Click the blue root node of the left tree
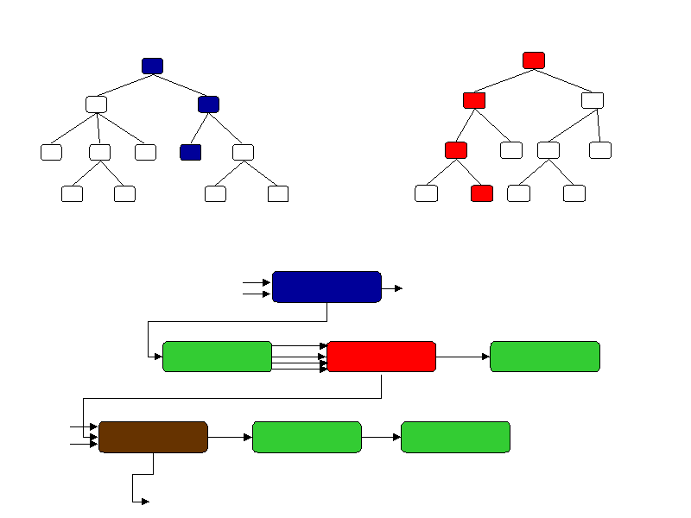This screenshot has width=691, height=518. [x=153, y=66]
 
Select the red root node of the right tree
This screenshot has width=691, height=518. [x=534, y=60]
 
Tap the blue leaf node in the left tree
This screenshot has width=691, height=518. [x=191, y=153]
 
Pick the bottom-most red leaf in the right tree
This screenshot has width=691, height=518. [x=482, y=193]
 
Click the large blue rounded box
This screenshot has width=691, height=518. [x=326, y=287]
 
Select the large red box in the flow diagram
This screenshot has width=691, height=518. [x=381, y=357]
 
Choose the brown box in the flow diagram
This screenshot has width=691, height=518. [x=153, y=437]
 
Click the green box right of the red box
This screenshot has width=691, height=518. [x=545, y=357]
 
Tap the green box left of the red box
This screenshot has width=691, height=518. [x=217, y=357]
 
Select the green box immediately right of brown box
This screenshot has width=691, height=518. [x=307, y=437]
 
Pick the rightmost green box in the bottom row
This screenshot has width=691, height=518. [x=455, y=437]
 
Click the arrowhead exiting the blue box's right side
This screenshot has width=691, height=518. [x=398, y=288]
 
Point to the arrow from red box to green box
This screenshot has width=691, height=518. [x=463, y=357]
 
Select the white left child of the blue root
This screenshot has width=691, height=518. [x=96, y=104]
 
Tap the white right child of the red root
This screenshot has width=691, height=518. [x=593, y=100]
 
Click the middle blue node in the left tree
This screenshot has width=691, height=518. [x=208, y=104]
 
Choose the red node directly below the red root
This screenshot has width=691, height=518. [x=474, y=100]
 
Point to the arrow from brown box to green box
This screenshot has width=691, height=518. [x=230, y=437]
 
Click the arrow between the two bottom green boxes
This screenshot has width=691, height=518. [x=381, y=437]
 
